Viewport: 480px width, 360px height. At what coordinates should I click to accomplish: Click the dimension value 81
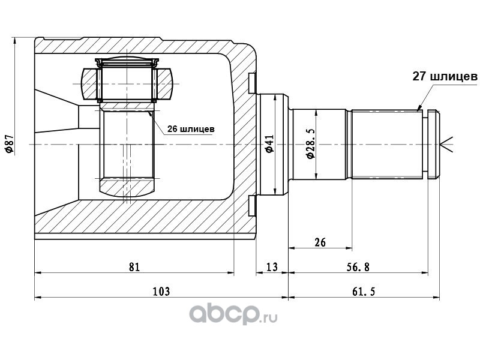(x=134, y=267)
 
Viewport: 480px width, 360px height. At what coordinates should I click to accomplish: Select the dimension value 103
(x=161, y=292)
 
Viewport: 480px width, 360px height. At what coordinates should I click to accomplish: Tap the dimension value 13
(x=272, y=267)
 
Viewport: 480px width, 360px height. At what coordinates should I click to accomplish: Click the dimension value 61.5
(x=364, y=292)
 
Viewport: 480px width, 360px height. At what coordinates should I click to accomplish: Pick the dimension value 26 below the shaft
(x=320, y=242)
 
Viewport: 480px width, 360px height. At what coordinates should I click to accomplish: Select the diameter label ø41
(x=269, y=143)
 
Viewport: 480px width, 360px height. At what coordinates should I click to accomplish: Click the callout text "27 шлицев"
(x=445, y=76)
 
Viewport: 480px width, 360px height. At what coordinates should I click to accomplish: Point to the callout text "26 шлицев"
(x=191, y=129)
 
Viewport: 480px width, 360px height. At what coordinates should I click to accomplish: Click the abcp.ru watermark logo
(x=233, y=314)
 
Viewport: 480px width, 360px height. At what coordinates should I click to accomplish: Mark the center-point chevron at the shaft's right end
(x=447, y=144)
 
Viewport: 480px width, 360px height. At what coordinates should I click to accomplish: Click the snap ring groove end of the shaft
(x=434, y=144)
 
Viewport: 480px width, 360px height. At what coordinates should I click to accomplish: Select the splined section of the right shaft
(x=387, y=144)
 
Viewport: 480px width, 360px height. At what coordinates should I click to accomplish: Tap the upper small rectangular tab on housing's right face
(x=252, y=83)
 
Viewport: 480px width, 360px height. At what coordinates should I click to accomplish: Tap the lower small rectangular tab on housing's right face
(x=252, y=206)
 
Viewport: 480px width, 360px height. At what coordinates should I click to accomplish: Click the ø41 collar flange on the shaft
(x=272, y=144)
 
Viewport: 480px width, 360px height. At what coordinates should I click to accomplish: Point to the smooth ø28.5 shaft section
(x=319, y=144)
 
